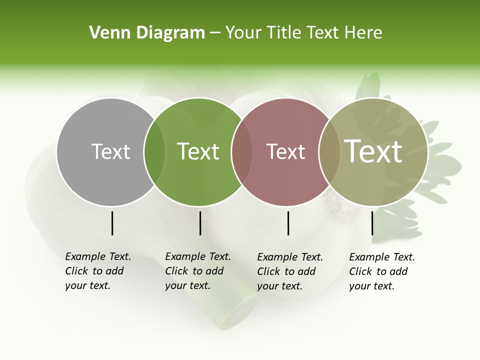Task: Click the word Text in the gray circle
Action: tap(110, 151)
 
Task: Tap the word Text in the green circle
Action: tap(198, 151)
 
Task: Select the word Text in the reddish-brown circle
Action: tap(285, 151)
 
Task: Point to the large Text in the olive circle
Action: tap(373, 151)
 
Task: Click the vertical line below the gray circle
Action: tap(112, 223)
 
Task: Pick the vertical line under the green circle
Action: tap(200, 223)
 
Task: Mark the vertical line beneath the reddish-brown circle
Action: tap(288, 223)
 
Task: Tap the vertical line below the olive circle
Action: tap(372, 223)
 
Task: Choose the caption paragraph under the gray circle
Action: tap(98, 271)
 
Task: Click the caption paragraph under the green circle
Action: tap(198, 271)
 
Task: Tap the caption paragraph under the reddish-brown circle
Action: tap(290, 271)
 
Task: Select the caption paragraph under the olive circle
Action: tap(382, 271)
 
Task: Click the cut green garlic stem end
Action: tap(235, 312)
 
